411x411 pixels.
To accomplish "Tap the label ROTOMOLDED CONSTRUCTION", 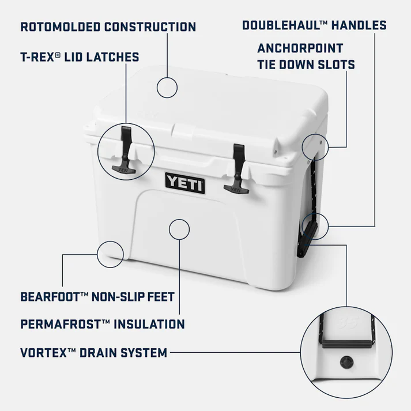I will [x=108, y=27].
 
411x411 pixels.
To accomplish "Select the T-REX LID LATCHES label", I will [x=80, y=57].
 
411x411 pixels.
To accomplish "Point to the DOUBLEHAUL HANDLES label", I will [x=314, y=25].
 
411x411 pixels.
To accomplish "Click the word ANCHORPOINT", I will [x=300, y=48].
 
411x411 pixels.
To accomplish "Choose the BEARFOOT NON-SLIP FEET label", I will [x=97, y=297].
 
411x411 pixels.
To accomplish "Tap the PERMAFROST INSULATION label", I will [x=103, y=323].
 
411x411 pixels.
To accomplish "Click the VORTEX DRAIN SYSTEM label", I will [x=94, y=352].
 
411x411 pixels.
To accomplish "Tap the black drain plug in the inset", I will [x=346, y=363].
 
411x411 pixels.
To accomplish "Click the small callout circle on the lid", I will [x=167, y=87].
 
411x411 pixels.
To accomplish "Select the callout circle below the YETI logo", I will [x=179, y=228].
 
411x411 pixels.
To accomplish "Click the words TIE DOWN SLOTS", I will [x=306, y=65].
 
